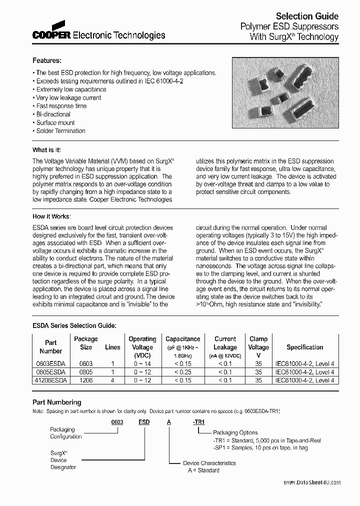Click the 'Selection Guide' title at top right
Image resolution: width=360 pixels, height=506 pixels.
tap(307, 16)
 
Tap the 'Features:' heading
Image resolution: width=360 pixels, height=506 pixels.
tap(46, 60)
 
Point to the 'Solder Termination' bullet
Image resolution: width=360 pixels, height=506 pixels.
tap(60, 131)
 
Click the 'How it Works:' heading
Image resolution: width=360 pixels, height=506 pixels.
tap(51, 216)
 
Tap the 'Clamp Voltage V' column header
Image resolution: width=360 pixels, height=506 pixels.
tap(258, 347)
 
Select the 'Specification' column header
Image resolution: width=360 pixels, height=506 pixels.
tap(304, 347)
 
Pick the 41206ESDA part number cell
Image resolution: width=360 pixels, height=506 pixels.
tap(50, 380)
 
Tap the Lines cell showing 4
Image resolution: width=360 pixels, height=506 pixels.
tap(112, 380)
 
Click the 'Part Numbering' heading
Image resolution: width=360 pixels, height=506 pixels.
tap(56, 402)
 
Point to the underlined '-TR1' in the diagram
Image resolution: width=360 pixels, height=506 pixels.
tap(198, 422)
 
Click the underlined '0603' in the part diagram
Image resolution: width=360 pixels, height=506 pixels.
tap(117, 422)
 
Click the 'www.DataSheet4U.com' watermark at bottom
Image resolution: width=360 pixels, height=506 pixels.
tap(312, 482)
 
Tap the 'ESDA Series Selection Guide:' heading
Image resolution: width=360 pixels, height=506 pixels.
tap(74, 325)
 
